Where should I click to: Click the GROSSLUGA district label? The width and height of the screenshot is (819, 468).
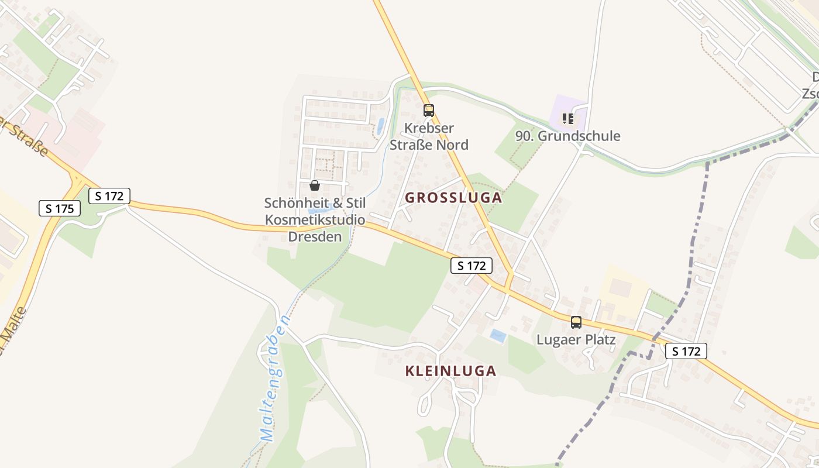click(453, 198)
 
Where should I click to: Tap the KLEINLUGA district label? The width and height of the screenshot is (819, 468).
click(450, 371)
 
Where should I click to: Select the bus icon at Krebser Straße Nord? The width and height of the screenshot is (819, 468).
click(429, 110)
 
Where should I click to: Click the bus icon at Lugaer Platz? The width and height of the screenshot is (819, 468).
click(576, 322)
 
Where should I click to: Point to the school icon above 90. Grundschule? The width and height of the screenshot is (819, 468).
click(567, 119)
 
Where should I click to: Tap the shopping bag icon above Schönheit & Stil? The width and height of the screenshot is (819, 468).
click(315, 185)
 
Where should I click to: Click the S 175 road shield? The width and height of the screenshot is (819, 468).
click(60, 208)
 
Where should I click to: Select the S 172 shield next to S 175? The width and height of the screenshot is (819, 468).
click(109, 196)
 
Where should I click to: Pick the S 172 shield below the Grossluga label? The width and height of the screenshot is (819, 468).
click(472, 266)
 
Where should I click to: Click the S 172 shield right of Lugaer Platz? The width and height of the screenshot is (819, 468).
click(686, 351)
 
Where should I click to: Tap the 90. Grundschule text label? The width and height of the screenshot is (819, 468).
click(567, 136)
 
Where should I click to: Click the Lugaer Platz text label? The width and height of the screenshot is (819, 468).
click(576, 339)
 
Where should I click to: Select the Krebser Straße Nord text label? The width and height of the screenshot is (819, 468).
click(429, 136)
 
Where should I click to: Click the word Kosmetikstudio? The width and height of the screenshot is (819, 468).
click(315, 220)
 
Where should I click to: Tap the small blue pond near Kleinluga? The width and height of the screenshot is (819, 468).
click(498, 336)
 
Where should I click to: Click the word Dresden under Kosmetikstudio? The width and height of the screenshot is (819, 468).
click(315, 237)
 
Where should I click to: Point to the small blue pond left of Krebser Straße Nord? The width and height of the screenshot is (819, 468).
click(380, 126)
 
